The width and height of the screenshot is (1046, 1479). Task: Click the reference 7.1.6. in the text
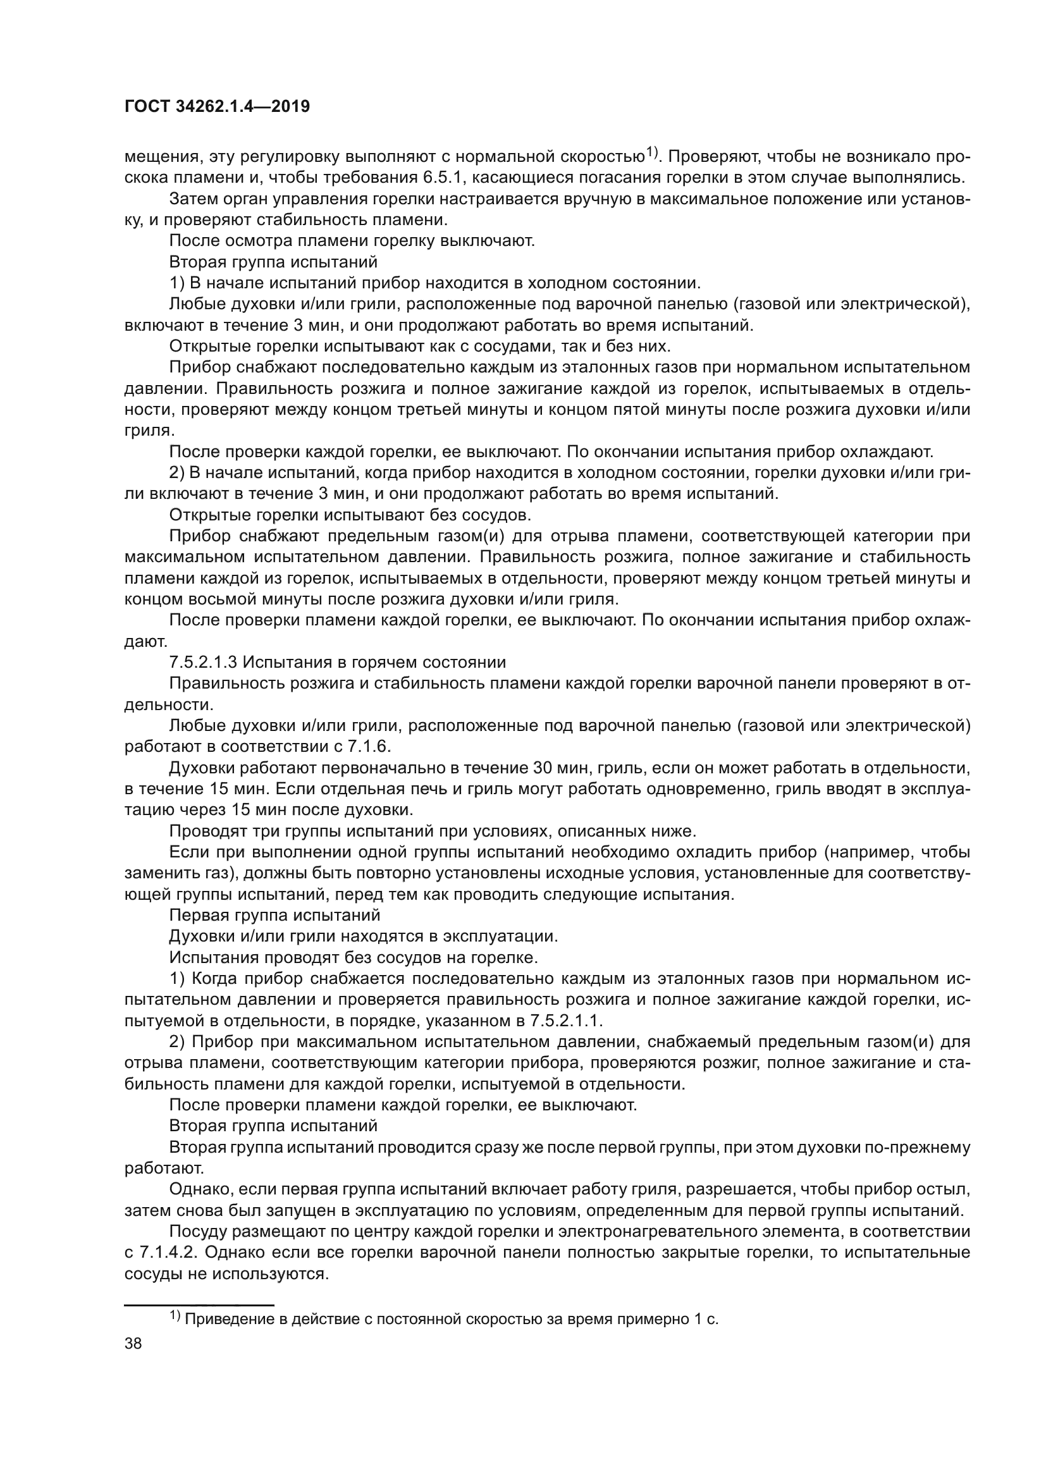(367, 747)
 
